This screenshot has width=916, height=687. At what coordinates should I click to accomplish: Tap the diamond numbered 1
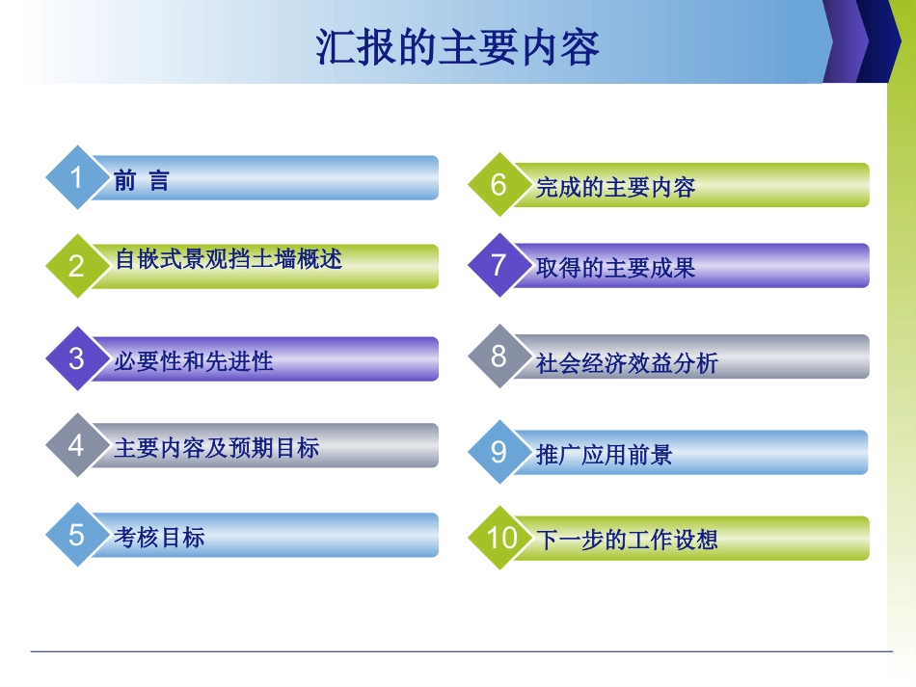click(x=77, y=178)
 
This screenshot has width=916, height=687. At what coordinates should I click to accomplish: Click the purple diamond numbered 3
click(x=77, y=358)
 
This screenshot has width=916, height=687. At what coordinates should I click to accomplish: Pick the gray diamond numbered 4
click(x=77, y=445)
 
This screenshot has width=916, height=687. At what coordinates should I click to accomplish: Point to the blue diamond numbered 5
click(x=77, y=535)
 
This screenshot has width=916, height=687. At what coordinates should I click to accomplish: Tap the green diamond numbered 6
click(x=498, y=185)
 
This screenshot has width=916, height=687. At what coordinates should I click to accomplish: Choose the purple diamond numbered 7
click(x=498, y=265)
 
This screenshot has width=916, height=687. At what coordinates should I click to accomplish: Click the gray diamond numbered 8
click(x=498, y=357)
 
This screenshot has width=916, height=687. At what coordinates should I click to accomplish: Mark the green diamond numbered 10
click(x=501, y=538)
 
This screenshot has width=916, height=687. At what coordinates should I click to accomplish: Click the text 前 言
click(x=141, y=181)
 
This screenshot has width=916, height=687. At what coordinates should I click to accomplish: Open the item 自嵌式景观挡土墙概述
click(x=229, y=259)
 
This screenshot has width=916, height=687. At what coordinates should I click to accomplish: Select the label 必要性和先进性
click(x=193, y=361)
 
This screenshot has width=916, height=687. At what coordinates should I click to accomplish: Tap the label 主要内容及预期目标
click(x=216, y=448)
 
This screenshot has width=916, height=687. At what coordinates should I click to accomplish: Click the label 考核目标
click(x=159, y=538)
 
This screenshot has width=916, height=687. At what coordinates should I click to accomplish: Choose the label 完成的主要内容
click(x=615, y=188)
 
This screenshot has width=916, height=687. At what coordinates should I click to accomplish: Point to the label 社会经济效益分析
click(x=627, y=363)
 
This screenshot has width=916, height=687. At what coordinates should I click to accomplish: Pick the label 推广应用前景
click(x=604, y=455)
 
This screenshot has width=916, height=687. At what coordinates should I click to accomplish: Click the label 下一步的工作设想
click(x=627, y=540)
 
